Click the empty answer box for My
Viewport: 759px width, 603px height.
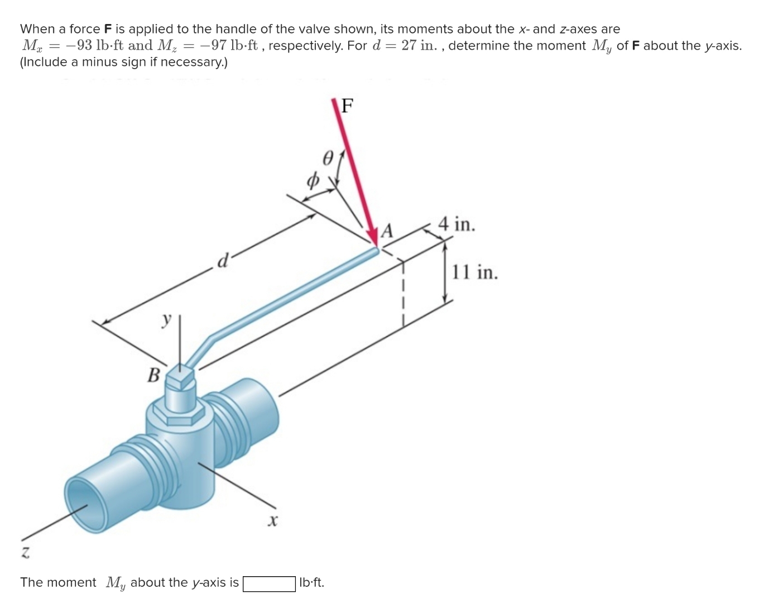tap(269, 583)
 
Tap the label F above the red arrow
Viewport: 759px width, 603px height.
tap(347, 105)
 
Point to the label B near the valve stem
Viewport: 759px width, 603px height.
tap(153, 375)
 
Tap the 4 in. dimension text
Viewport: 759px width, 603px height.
tap(457, 224)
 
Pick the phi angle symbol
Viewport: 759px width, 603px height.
tap(313, 180)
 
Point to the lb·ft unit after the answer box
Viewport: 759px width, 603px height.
tap(311, 583)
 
